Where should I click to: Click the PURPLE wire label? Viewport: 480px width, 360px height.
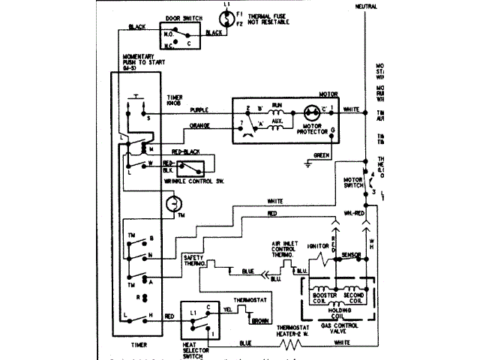click(199, 110)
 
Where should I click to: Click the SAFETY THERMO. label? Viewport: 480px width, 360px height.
click(193, 262)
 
